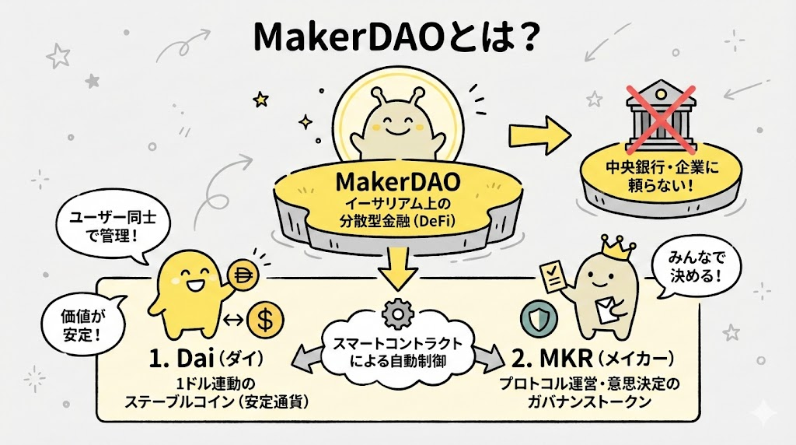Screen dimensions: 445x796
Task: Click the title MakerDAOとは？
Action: coord(397,39)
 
